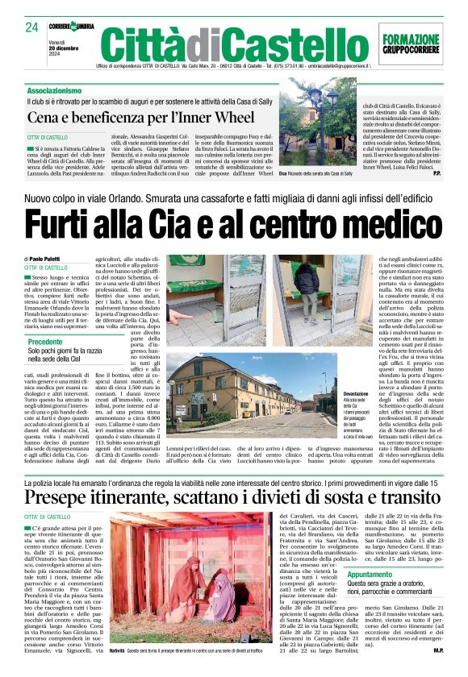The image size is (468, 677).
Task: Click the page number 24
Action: (x=31, y=27)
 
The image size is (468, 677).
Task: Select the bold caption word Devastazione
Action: (x=358, y=393)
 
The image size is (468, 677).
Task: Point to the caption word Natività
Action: (x=117, y=650)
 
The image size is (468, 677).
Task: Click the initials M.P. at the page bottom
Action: (x=438, y=650)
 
